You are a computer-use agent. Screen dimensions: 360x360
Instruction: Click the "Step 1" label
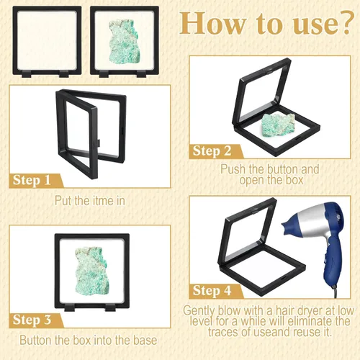(x=32, y=180)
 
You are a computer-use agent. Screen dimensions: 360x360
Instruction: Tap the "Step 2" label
(x=212, y=151)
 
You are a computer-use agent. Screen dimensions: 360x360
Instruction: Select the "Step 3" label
(x=32, y=320)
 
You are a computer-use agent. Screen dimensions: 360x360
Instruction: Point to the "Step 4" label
(x=212, y=291)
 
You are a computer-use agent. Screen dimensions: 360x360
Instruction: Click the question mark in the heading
(x=346, y=23)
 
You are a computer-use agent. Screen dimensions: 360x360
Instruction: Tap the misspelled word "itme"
(x=99, y=201)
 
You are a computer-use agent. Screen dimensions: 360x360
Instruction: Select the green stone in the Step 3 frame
(x=92, y=271)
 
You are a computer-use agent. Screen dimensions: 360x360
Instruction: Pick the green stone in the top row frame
(x=124, y=42)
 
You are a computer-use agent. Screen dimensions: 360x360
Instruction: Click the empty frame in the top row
(x=47, y=41)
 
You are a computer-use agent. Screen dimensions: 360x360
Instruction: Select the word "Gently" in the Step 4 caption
(x=199, y=311)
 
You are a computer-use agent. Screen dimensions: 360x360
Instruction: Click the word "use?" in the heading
(x=323, y=23)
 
